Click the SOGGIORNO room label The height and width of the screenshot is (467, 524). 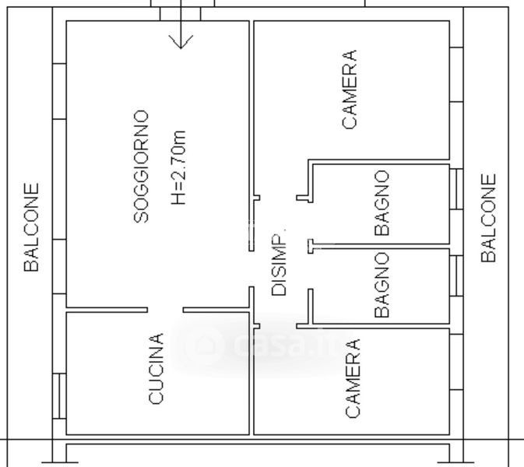pyautogui.click(x=141, y=167)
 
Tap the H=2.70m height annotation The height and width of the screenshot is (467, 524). pyautogui.click(x=179, y=168)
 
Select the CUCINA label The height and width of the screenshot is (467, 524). pyautogui.click(x=156, y=369)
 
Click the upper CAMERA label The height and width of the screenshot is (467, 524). pyautogui.click(x=350, y=90)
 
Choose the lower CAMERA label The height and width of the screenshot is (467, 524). pyautogui.click(x=352, y=378)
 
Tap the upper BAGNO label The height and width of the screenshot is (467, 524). pyautogui.click(x=382, y=203)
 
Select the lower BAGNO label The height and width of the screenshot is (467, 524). pyautogui.click(x=382, y=285)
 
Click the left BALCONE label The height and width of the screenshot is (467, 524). pyautogui.click(x=31, y=227)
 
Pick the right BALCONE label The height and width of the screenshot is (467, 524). pyautogui.click(x=488, y=218)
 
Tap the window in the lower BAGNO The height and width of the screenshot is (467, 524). pyautogui.click(x=456, y=276)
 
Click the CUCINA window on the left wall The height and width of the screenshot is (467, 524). pyautogui.click(x=58, y=395)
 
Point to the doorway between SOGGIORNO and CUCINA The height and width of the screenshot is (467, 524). pyautogui.click(x=164, y=310)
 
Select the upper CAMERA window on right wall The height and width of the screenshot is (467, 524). pyautogui.click(x=456, y=74)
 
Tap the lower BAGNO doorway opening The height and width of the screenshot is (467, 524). pyautogui.click(x=310, y=272)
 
